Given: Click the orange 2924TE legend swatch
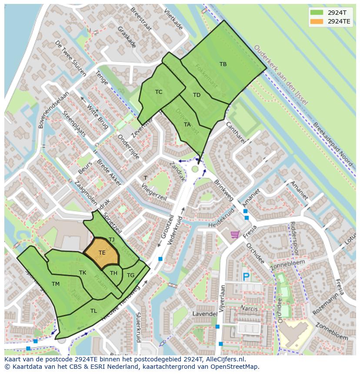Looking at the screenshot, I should coord(317,21).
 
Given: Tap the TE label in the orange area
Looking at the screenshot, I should coord(102,252).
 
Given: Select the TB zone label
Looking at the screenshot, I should coord(223,64).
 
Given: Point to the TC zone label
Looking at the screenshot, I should coord(159,92).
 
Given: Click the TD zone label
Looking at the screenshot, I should coord(197,95).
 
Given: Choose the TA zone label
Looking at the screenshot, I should coord(187,124).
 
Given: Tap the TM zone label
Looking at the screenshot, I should coord(56,284).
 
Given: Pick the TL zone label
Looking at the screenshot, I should coord(93,311).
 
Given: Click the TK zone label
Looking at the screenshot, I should coord(83,273).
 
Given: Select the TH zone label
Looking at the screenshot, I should coord(113,273).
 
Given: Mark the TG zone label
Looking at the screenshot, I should coord(130,275).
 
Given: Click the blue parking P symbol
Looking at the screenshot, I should coord(246,277).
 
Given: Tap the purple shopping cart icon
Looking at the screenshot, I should coord(235,235).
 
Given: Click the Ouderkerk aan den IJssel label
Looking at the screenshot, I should coord(280,75).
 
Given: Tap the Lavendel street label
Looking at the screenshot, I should coord(205,314).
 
